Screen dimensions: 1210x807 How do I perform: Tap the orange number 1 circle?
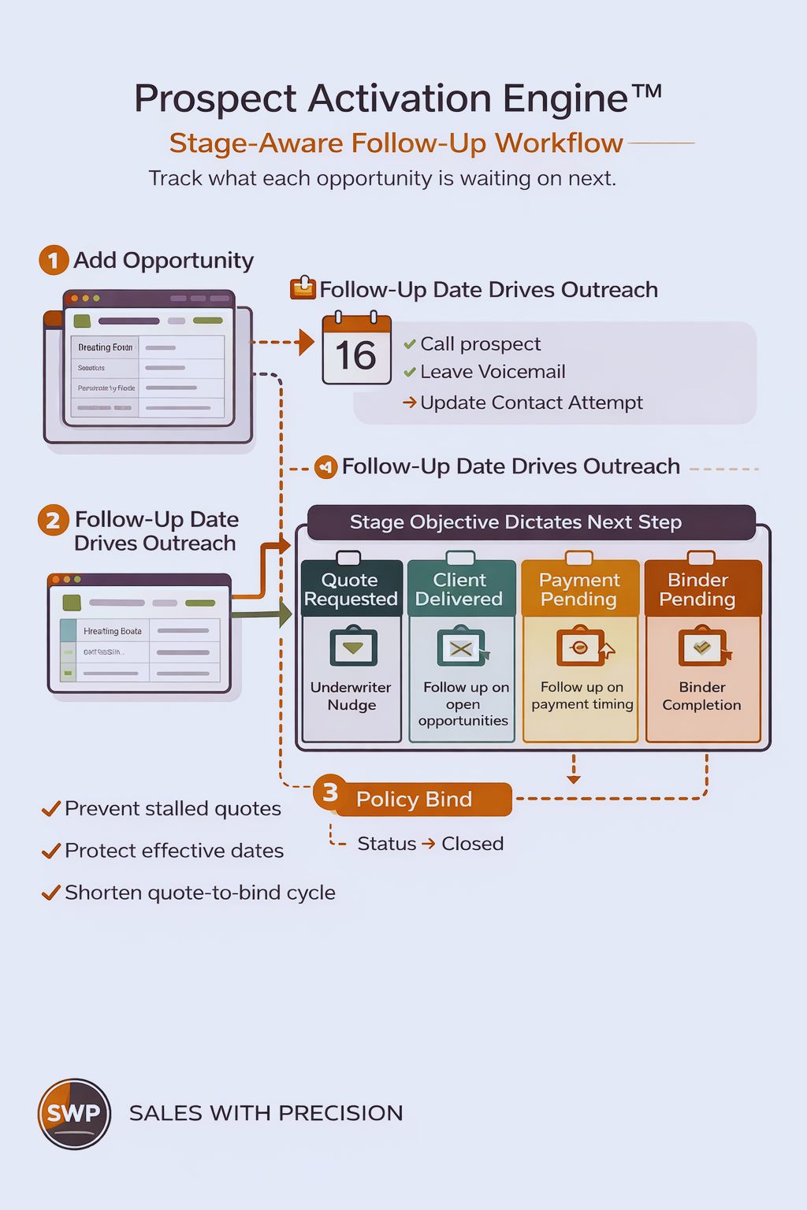54,260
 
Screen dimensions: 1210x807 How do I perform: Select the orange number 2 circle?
53,520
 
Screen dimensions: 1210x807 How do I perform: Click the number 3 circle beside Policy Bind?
330,792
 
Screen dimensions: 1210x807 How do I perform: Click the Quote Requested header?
351,589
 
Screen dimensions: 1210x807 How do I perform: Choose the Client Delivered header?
459,589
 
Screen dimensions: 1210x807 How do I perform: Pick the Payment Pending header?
579,589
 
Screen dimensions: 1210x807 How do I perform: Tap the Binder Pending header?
697,589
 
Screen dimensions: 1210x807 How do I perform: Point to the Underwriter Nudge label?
351,696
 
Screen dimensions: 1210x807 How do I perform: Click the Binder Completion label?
701,696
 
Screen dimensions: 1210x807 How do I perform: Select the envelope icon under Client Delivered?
462,648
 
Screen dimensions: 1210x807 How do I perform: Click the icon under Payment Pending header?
581,648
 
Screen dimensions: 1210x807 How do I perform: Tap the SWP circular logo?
74,1113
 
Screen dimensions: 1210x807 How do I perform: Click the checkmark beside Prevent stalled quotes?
51,809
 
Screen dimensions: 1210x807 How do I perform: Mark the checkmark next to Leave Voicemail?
410,372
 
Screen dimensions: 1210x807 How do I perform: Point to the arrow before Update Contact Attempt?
410,403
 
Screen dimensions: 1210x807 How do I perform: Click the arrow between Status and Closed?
429,844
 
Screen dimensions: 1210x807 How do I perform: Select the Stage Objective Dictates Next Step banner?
515,522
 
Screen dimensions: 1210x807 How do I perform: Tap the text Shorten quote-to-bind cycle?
199,893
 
